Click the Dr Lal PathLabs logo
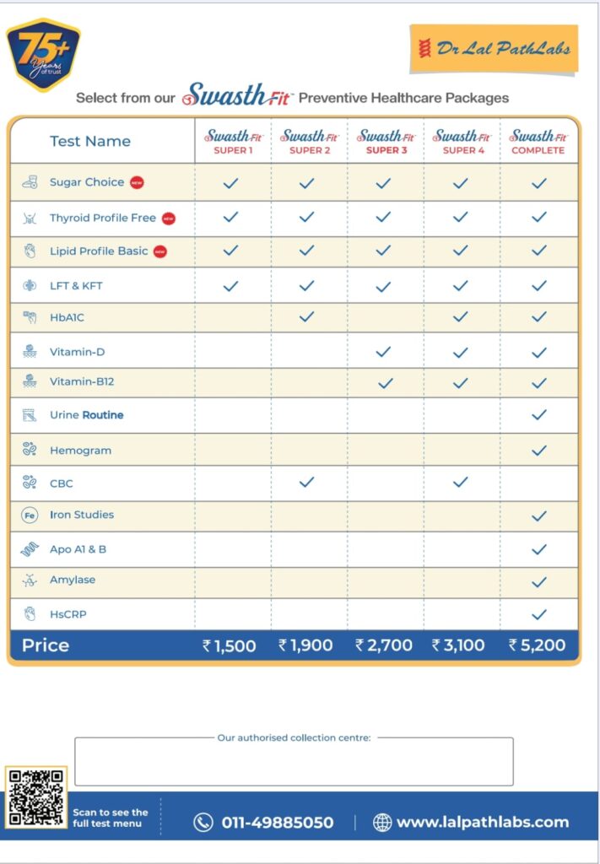pyautogui.click(x=495, y=48)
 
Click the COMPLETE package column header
pyautogui.click(x=538, y=141)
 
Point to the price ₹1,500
pyautogui.click(x=229, y=645)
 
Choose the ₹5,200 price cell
pyautogui.click(x=537, y=645)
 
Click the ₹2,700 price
pyautogui.click(x=384, y=645)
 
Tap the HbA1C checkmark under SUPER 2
pyautogui.click(x=307, y=316)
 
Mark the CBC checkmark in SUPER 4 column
pyautogui.click(x=460, y=482)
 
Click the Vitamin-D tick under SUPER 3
pyautogui.click(x=383, y=351)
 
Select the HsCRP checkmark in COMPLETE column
pyautogui.click(x=538, y=614)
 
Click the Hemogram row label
pyautogui.click(x=80, y=451)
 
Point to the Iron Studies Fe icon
pyautogui.click(x=30, y=515)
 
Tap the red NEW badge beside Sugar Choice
pyautogui.click(x=137, y=182)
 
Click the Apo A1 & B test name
pyautogui.click(x=78, y=549)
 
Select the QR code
pyautogui.click(x=35, y=797)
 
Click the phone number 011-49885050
pyautogui.click(x=277, y=822)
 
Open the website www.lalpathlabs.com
pyautogui.click(x=482, y=822)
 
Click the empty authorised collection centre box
pyautogui.click(x=294, y=763)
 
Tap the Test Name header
pyautogui.click(x=90, y=141)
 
